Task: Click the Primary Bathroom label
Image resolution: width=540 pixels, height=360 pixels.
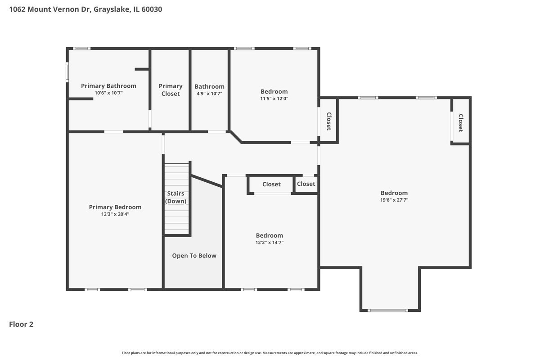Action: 108,86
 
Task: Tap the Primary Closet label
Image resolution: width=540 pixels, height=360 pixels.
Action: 171,90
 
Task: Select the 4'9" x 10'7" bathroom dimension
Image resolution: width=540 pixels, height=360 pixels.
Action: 209,94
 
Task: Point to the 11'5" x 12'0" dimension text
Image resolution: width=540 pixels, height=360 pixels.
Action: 274,99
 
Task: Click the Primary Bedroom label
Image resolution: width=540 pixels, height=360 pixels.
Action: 115,207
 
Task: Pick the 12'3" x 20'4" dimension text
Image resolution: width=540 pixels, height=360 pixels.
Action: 115,214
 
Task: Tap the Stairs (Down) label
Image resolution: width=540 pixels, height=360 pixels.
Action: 175,197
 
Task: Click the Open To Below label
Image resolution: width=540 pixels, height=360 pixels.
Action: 194,256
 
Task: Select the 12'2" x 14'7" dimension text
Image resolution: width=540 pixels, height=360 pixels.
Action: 269,243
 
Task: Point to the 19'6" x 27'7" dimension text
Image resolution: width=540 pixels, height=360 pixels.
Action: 394,200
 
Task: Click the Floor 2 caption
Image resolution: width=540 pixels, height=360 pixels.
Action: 21,324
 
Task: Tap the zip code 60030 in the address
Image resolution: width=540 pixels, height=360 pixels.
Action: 152,9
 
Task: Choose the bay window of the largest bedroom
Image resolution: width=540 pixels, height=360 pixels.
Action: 387,310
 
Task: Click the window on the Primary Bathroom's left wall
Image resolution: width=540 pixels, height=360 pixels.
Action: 67,72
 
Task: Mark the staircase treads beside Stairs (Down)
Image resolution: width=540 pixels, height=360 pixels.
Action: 176,199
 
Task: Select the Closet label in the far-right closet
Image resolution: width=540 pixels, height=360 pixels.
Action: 460,123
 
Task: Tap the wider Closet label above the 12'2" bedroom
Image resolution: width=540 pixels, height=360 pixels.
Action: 271,184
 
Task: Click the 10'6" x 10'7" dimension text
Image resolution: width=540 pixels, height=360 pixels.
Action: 108,93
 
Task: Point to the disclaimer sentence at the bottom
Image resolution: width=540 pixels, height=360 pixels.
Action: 270,353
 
